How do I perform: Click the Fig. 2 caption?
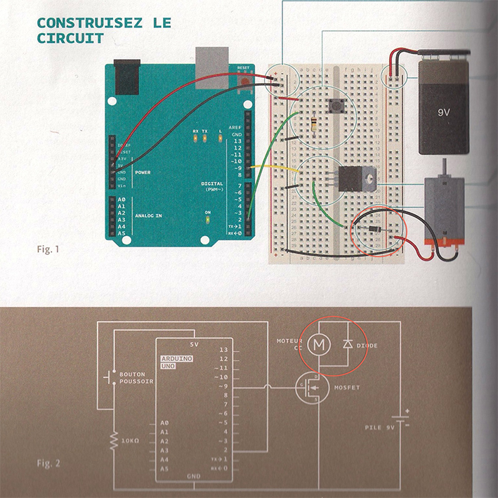(x=48, y=463)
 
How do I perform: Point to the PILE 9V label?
(x=382, y=426)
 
